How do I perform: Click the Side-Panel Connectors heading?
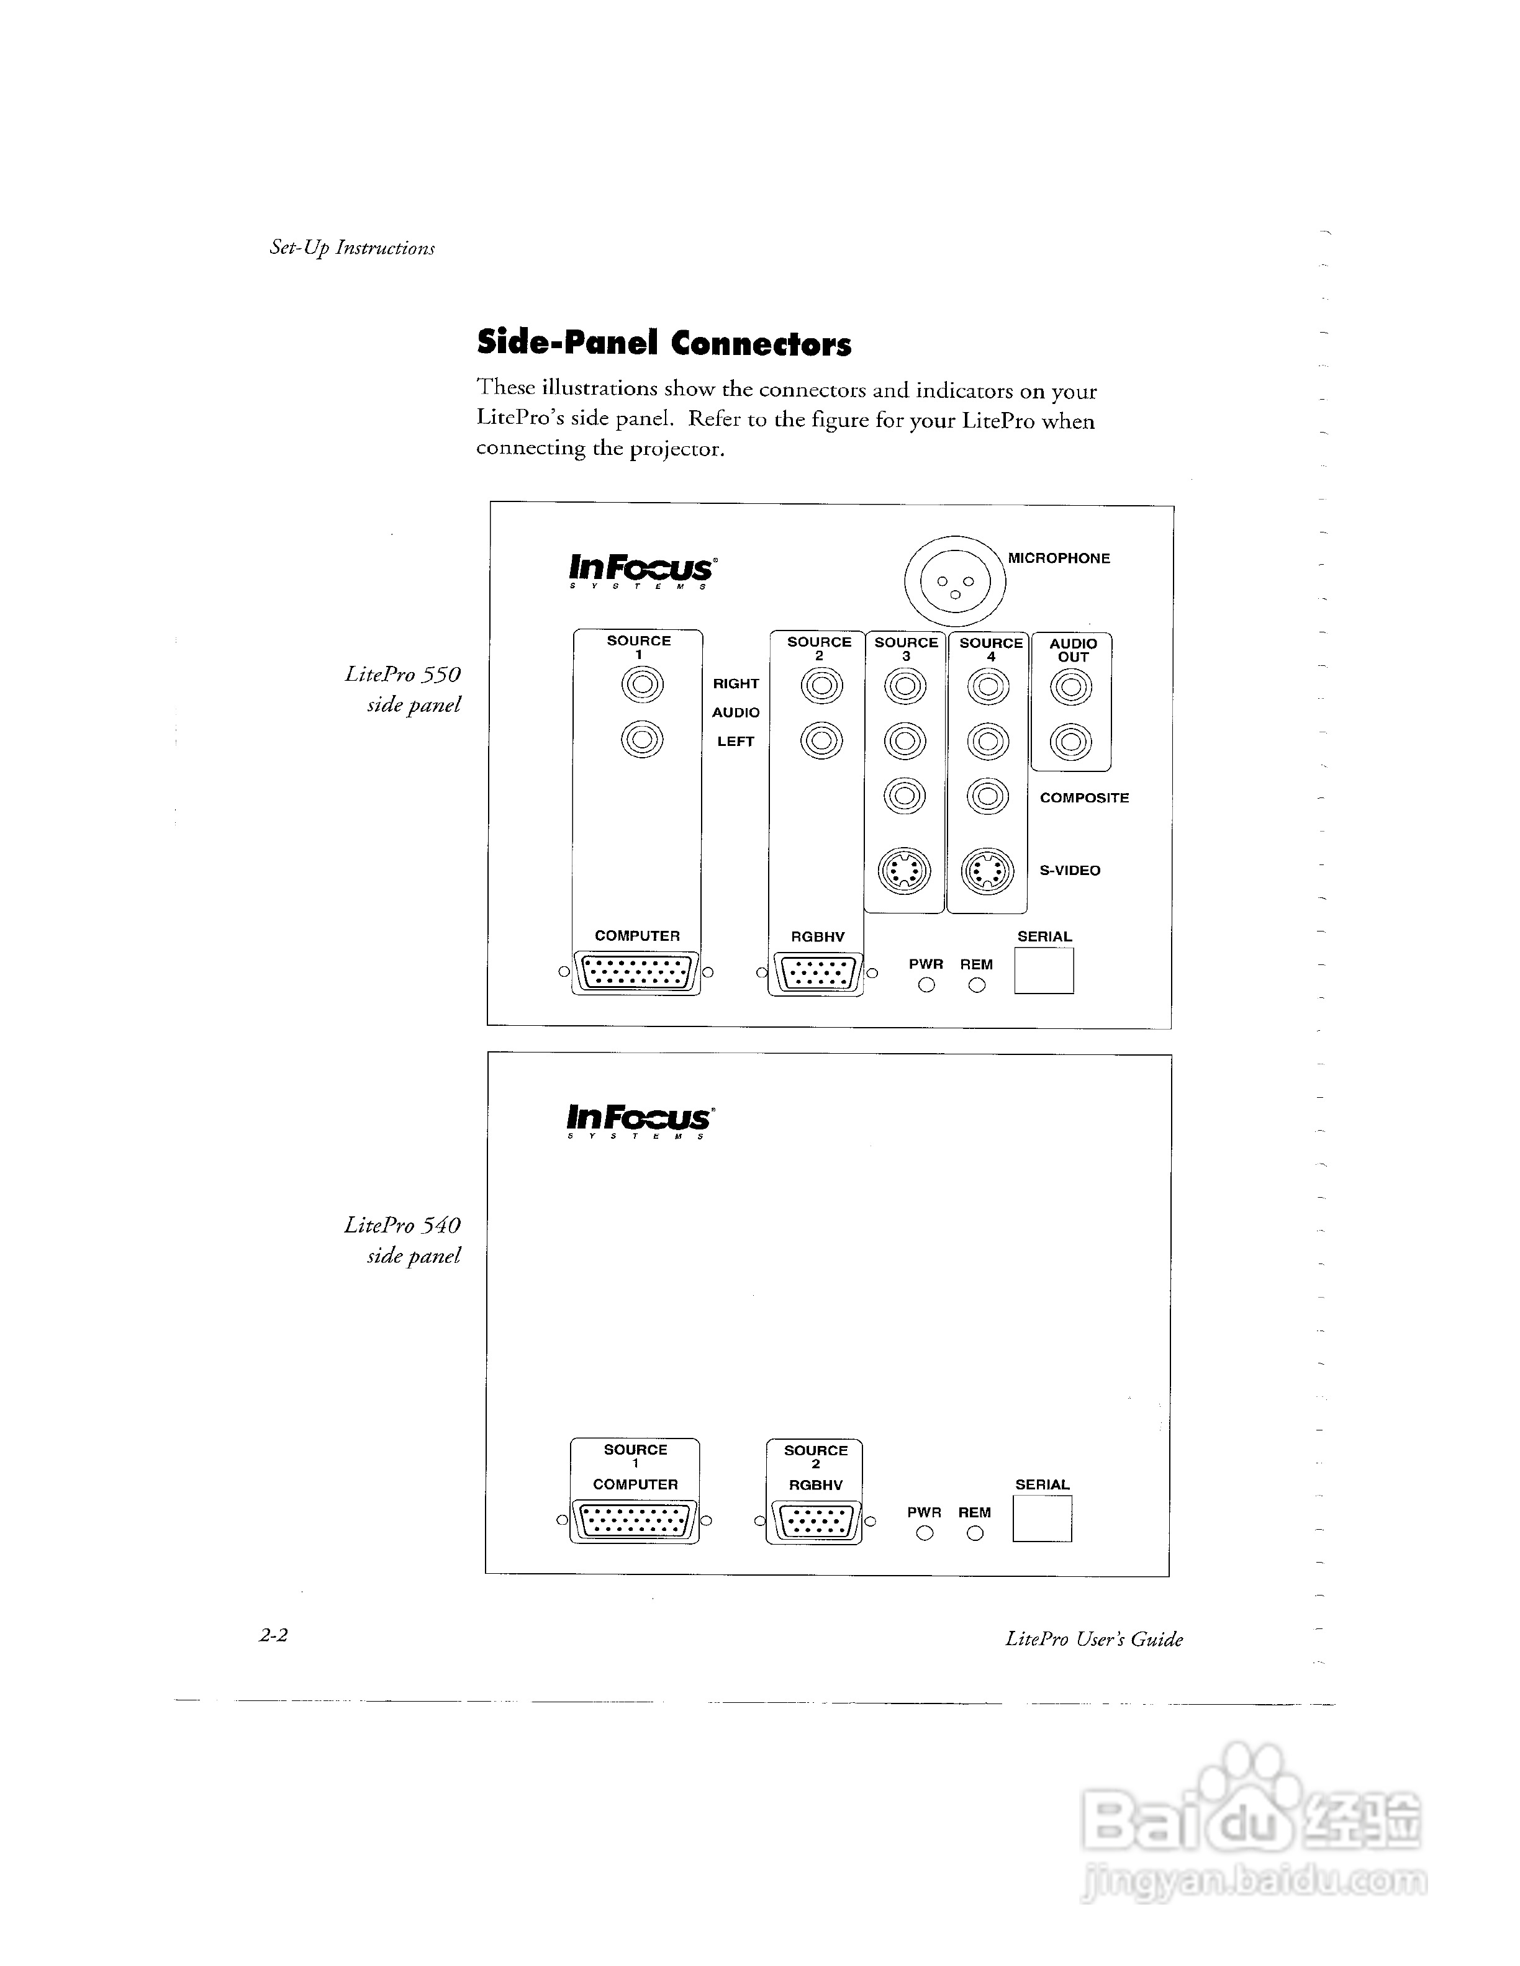(x=664, y=343)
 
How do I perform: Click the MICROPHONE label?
(x=1059, y=558)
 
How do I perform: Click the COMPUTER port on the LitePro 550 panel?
(x=636, y=972)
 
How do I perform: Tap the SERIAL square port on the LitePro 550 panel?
(x=1044, y=971)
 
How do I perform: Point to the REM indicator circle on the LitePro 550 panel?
(x=976, y=985)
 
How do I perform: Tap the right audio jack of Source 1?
(x=642, y=686)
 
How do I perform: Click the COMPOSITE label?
(x=1084, y=797)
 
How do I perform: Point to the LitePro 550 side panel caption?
(x=404, y=689)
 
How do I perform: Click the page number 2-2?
(x=274, y=1636)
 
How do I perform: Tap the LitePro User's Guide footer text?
(x=1094, y=1639)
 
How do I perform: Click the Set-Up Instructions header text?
(x=352, y=248)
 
